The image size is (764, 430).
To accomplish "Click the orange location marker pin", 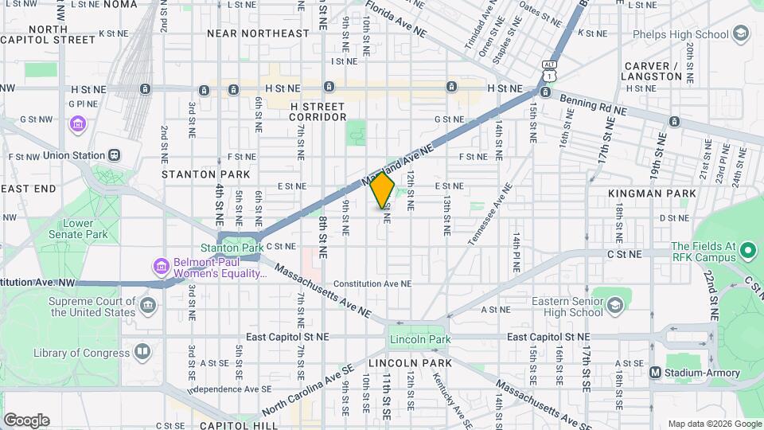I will coord(383,190).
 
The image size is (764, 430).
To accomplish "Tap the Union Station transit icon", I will coord(115,155).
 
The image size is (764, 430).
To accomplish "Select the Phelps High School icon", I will coord(741,34).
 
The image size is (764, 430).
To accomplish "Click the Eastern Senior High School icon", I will coord(615,306).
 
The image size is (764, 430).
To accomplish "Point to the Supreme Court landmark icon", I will coord(146,306).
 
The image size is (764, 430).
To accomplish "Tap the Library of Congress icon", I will coord(142,352).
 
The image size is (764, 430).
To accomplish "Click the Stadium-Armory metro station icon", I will coord(656,373).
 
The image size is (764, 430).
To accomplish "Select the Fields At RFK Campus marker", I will coord(747,252).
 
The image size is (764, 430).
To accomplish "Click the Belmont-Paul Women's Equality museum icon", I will coord(160,266).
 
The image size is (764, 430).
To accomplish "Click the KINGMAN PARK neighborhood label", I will coord(652,193).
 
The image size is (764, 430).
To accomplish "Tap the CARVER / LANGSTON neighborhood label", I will coord(653,71).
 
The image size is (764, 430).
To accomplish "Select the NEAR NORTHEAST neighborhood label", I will coord(257,33).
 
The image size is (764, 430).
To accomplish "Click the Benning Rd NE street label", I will coord(593,105).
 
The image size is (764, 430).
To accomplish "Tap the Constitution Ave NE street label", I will coord(372,283).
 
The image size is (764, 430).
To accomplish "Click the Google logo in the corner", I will coord(26,420).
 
